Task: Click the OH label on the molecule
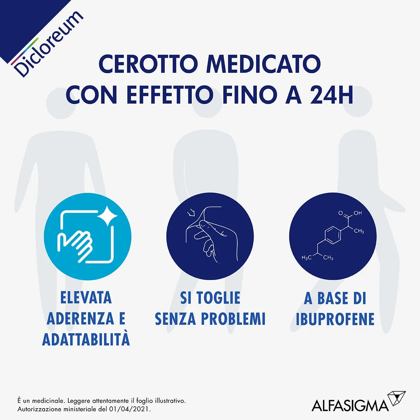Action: (x=357, y=213)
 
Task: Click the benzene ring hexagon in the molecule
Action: (x=332, y=234)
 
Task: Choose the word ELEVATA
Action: (x=86, y=298)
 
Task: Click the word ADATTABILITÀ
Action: (x=86, y=339)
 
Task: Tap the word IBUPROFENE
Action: (x=335, y=319)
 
